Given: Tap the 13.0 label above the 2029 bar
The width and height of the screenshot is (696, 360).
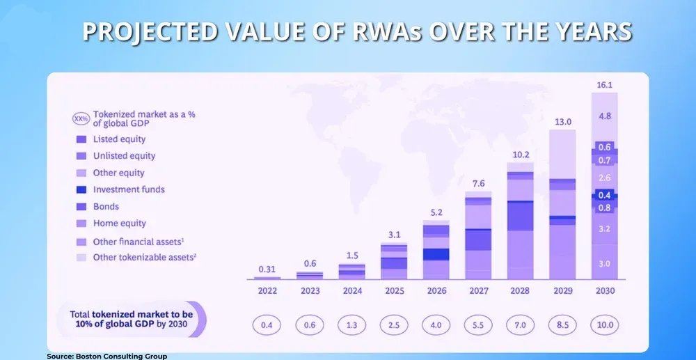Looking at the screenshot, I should [x=562, y=122].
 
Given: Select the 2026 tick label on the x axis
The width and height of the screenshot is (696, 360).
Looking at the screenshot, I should [x=436, y=291].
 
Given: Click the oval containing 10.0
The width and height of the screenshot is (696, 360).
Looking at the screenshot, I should [x=604, y=325].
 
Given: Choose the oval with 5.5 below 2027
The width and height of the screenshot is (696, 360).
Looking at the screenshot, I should [x=478, y=325].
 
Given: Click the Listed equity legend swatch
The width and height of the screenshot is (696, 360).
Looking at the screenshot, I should [x=81, y=139].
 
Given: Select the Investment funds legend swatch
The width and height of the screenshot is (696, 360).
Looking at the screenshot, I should [x=81, y=189].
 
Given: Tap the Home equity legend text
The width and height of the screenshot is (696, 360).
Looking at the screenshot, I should [x=119, y=224].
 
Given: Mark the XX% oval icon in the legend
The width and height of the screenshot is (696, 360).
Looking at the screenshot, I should [x=81, y=118].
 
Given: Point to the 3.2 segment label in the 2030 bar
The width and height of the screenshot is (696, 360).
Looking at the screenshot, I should [x=604, y=228].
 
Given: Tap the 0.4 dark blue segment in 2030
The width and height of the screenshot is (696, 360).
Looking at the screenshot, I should [x=604, y=195].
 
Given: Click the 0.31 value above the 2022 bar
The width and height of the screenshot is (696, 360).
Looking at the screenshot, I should [x=267, y=269].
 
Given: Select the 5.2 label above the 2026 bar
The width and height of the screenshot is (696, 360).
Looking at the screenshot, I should [x=436, y=212].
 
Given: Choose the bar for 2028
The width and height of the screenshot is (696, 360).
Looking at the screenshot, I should [x=520, y=223].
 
